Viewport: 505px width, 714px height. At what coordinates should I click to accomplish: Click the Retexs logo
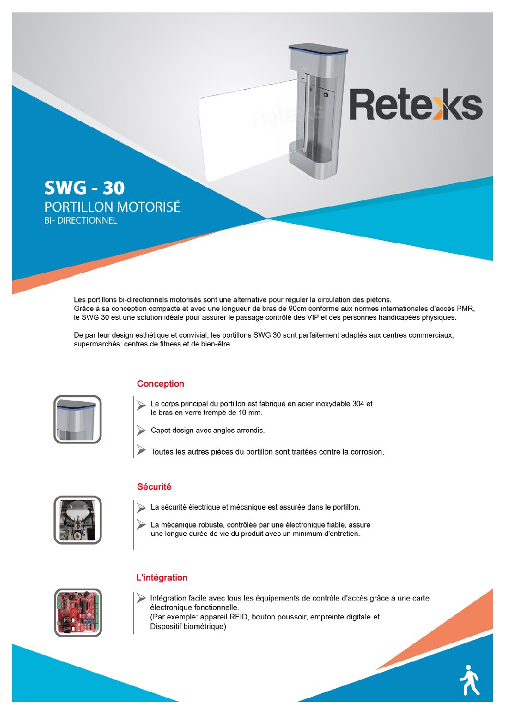point(416,104)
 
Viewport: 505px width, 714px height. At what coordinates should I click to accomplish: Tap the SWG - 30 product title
point(84,188)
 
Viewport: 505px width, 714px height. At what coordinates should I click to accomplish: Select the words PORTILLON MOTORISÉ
point(112,207)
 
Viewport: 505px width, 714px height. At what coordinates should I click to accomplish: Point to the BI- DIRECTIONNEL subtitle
point(81,221)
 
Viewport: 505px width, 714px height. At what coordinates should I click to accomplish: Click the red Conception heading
point(160,384)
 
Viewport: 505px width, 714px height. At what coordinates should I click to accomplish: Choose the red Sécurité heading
point(154,487)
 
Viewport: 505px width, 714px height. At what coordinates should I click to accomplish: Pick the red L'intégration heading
point(162,578)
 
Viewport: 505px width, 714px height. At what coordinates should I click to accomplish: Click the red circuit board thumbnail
point(78,612)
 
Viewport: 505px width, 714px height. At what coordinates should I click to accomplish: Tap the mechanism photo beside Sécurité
point(77,520)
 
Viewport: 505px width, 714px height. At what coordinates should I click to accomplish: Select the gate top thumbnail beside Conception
point(77,419)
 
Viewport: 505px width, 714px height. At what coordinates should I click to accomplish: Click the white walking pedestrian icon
point(469,679)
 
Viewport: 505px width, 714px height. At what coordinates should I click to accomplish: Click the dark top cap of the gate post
point(318,48)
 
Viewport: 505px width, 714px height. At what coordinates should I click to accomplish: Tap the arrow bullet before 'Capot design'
point(141,430)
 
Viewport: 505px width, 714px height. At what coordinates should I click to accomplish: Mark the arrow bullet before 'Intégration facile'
point(141,598)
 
